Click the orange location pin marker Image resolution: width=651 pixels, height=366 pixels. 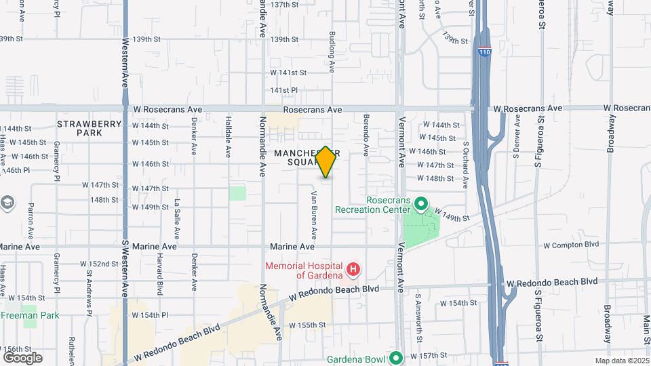click(x=326, y=163)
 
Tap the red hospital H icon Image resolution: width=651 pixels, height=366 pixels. click(x=353, y=270)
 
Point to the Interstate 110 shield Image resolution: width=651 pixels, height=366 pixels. click(x=484, y=52)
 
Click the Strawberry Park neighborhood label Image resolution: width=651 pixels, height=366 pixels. click(x=89, y=129)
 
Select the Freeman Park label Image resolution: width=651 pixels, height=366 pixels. click(x=30, y=315)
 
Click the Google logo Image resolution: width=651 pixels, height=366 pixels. click(x=22, y=357)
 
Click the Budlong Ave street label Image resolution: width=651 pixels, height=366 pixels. click(x=332, y=52)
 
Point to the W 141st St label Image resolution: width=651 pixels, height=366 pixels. click(x=284, y=73)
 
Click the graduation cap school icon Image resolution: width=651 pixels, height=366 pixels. click(x=7, y=203)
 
